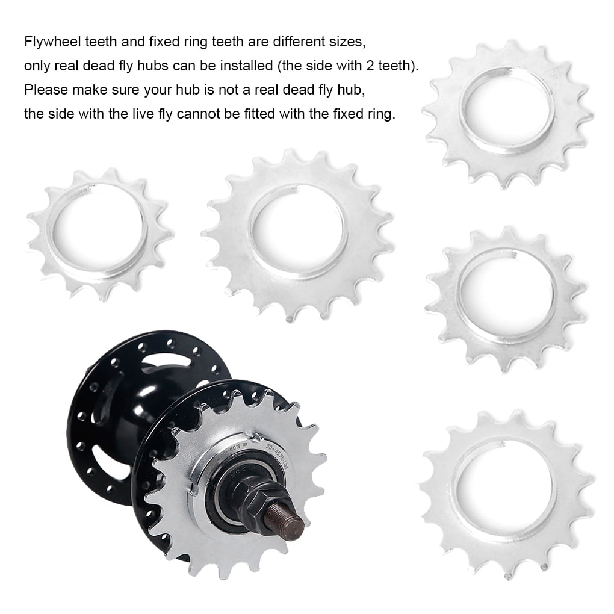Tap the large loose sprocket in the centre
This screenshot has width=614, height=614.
pos(297,235)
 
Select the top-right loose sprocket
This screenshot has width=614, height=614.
pos(507,114)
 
